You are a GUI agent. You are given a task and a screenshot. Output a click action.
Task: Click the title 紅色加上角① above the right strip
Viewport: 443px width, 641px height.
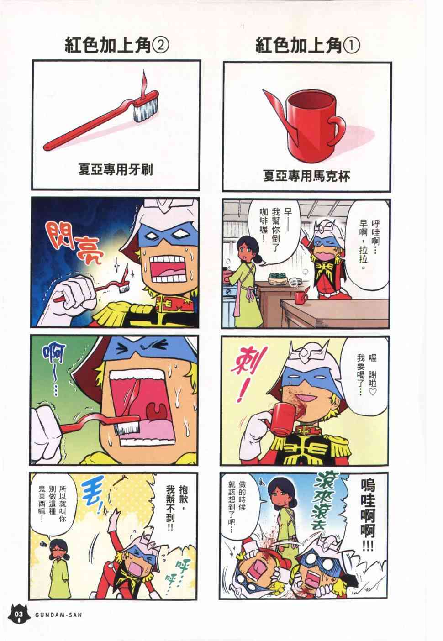[308, 46]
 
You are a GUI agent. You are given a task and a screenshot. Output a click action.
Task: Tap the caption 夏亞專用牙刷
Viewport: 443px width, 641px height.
[116, 170]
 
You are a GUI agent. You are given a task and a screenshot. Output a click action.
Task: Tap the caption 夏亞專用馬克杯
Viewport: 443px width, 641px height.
[306, 176]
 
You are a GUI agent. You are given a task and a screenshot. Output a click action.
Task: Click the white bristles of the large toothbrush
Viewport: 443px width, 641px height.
[146, 109]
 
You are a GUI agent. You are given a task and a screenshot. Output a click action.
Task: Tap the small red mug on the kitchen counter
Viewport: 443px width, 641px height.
[301, 298]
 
